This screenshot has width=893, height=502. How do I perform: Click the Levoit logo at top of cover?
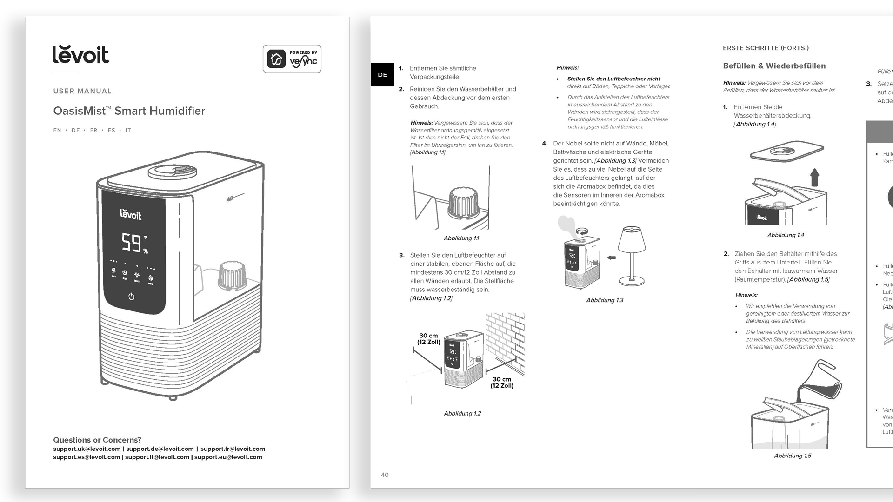(x=81, y=55)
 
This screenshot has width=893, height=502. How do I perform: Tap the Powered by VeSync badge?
(x=292, y=59)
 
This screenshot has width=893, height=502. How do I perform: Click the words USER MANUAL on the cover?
(x=82, y=91)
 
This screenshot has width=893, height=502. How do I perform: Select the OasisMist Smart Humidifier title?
(x=129, y=111)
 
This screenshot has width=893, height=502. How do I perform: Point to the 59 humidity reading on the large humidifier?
(x=131, y=243)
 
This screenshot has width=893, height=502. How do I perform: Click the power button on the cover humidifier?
(x=132, y=297)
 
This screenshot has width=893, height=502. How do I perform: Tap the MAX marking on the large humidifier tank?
(x=230, y=199)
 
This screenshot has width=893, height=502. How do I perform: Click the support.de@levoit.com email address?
(x=160, y=449)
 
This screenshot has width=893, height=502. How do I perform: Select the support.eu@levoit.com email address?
(x=228, y=457)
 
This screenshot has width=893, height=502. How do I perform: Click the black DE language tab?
(x=382, y=75)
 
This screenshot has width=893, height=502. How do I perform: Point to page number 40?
(x=385, y=475)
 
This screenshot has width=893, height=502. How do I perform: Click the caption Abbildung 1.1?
(x=461, y=238)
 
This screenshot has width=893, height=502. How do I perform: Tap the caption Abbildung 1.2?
(x=462, y=414)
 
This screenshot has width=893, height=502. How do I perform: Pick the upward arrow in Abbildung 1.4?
(x=814, y=178)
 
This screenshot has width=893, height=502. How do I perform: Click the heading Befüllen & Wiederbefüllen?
(x=774, y=66)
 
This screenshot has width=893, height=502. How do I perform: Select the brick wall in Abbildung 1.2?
(x=506, y=342)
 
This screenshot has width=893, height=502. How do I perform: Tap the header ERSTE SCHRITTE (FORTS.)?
(x=766, y=48)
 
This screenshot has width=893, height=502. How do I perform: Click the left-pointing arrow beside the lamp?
(x=611, y=258)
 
